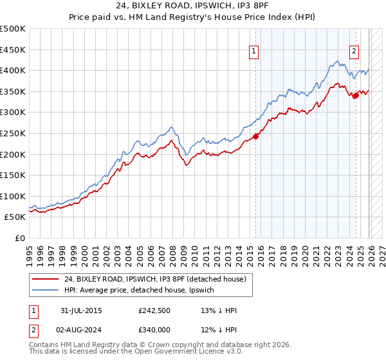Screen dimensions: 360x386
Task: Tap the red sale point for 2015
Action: (255, 136)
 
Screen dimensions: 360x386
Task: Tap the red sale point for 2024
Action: (356, 96)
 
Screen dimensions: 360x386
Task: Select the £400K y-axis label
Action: (13, 70)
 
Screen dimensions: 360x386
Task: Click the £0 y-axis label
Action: (19, 238)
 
